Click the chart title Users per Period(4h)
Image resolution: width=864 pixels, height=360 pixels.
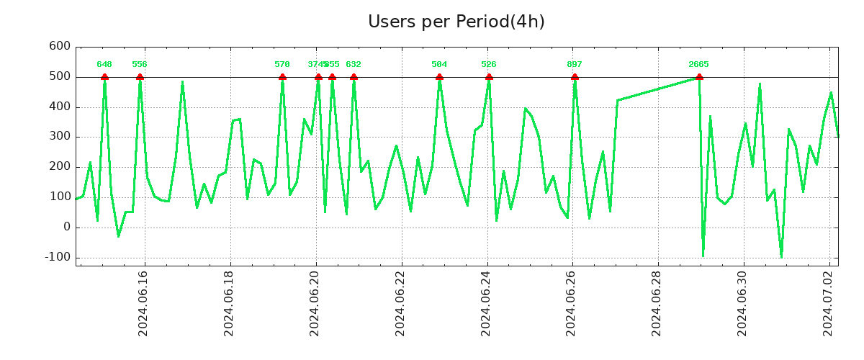point(456,22)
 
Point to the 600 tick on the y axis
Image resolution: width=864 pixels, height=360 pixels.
point(59,46)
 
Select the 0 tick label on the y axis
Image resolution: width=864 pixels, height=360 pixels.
point(66,227)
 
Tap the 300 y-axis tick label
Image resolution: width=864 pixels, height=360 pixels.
point(59,136)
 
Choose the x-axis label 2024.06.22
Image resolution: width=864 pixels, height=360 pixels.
point(401,302)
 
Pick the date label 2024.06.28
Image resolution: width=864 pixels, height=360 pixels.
point(658,302)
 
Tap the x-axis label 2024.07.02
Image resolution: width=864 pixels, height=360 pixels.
point(829,302)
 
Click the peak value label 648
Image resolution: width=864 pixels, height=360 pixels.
point(104,65)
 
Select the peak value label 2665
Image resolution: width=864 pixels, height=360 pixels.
point(698,65)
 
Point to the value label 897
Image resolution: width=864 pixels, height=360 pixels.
point(575,65)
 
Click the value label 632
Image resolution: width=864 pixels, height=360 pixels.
point(354,65)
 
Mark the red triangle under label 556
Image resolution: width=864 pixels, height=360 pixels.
point(140,76)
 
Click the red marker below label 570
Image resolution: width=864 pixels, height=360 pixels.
point(282,76)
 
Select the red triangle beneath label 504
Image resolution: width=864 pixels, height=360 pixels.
point(439,76)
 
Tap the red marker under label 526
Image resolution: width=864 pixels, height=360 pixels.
point(489,76)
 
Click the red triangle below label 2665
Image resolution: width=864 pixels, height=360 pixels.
point(698,76)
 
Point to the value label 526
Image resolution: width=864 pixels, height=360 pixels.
point(489,65)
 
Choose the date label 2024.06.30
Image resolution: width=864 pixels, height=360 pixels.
point(744,302)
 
